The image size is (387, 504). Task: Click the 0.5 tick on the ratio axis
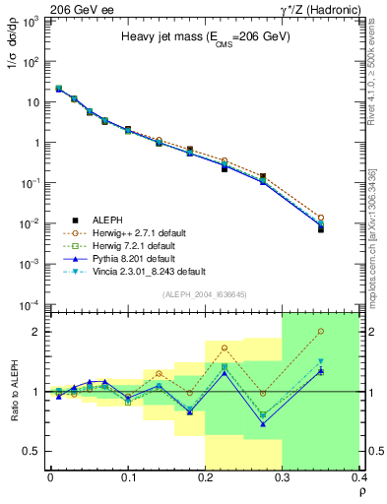pos(32,451)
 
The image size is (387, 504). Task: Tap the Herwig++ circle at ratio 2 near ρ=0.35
pos(348,332)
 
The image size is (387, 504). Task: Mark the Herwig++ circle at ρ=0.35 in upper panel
pos(348,217)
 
